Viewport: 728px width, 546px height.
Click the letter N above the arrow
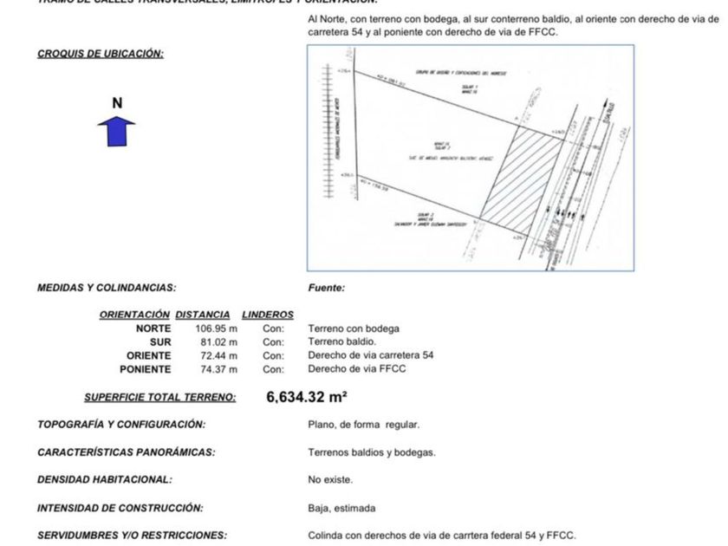point(118,103)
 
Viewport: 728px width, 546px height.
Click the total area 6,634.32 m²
point(307,398)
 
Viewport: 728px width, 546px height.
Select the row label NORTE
point(153,328)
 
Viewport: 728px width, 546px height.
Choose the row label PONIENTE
point(146,369)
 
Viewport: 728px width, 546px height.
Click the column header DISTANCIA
point(203,315)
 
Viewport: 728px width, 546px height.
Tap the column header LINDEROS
point(268,315)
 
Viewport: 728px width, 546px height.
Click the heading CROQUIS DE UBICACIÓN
point(101,54)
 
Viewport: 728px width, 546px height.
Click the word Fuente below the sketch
point(326,288)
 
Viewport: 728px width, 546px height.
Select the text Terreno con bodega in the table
point(354,328)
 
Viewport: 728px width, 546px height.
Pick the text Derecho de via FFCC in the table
point(357,369)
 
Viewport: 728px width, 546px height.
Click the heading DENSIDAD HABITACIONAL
point(105,479)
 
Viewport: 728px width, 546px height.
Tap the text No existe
point(330,479)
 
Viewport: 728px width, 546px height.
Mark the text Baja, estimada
point(341,508)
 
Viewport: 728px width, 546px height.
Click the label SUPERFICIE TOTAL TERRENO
point(159,398)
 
